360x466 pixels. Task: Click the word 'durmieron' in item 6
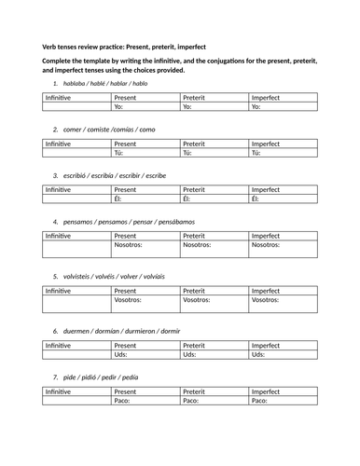pos(140,330)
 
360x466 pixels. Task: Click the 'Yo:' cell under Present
pos(145,107)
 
